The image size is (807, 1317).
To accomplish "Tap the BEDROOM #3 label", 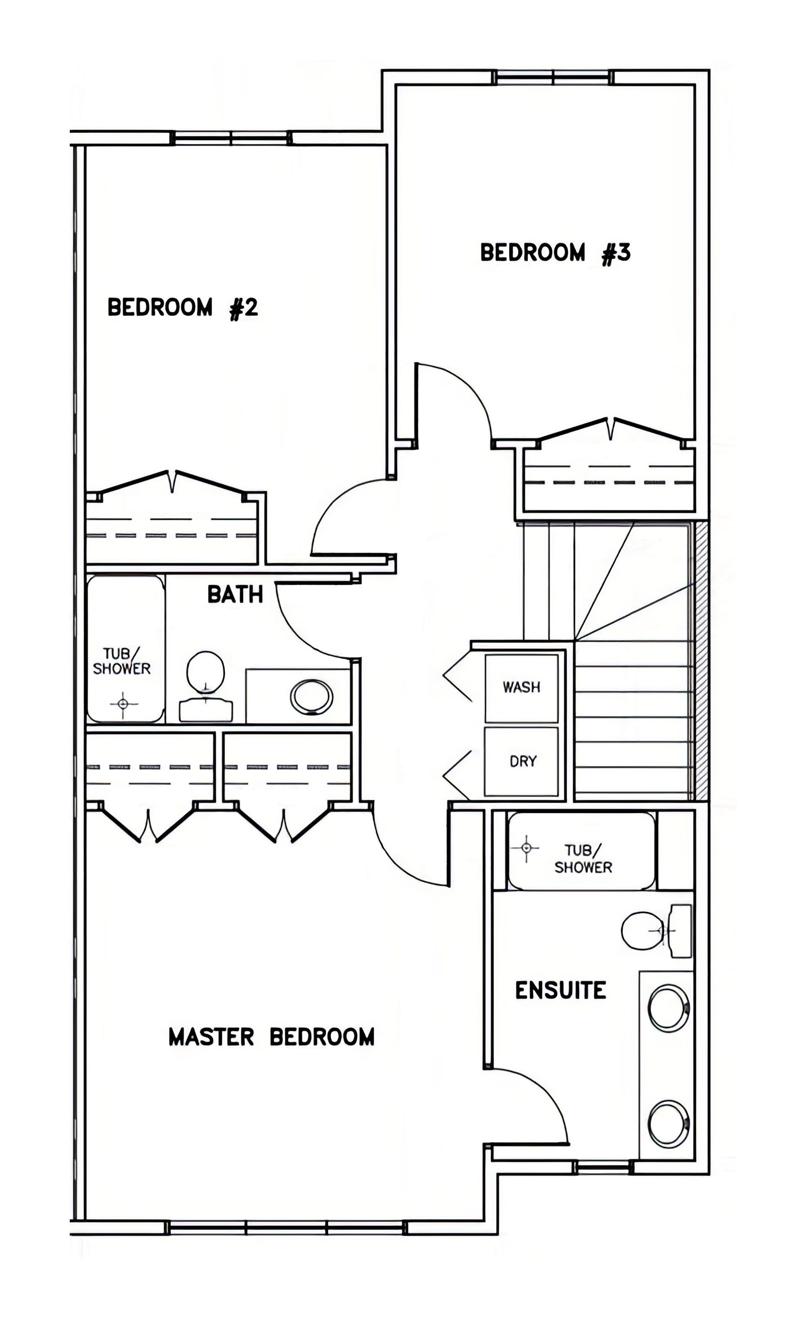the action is click(555, 253).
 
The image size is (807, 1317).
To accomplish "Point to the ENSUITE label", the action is click(561, 990).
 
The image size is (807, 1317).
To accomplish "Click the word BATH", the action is click(235, 594).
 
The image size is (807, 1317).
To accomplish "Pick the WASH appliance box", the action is click(522, 688).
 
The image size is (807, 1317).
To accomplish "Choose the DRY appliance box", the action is click(522, 761).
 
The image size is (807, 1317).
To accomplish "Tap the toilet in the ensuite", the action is click(656, 931).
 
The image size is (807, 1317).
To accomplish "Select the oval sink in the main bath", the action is click(311, 697).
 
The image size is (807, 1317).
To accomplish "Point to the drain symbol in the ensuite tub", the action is click(526, 848).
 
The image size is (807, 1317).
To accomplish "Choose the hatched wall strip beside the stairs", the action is click(701, 661).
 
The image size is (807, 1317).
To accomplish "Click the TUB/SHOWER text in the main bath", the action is click(121, 662).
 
